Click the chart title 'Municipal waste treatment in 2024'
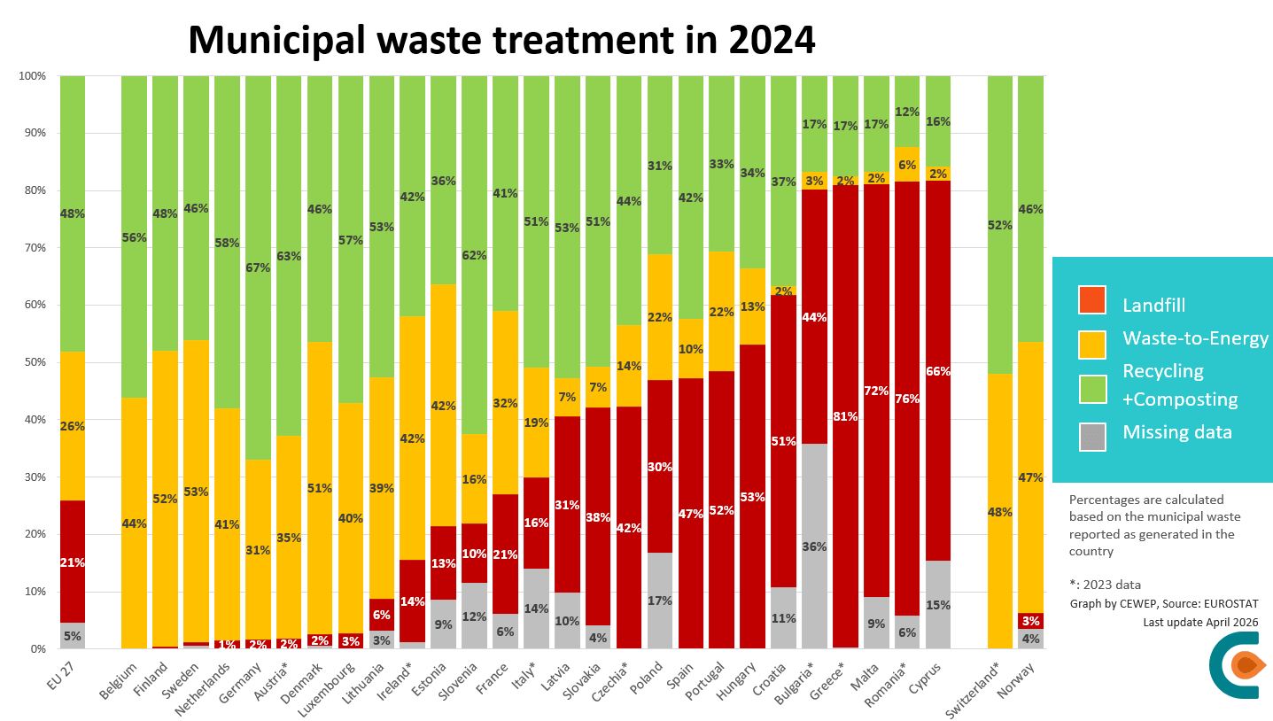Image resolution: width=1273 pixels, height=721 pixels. click(501, 39)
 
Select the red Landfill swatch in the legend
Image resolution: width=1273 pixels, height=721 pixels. click(1091, 299)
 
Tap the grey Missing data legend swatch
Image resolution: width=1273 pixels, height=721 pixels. click(1091, 437)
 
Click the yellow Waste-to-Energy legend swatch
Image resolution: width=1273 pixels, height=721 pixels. click(1091, 344)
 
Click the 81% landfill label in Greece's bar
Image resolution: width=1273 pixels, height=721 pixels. click(845, 416)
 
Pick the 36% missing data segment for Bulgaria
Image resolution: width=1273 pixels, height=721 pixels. click(814, 547)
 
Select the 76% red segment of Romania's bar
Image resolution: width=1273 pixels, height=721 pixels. click(907, 399)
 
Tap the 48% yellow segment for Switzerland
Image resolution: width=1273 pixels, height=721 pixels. click(1000, 511)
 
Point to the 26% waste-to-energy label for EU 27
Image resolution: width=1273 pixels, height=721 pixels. click(73, 426)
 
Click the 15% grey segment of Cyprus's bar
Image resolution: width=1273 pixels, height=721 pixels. click(938, 605)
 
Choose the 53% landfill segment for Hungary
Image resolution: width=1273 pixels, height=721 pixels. click(752, 497)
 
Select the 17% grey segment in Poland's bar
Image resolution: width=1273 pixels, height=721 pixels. click(660, 601)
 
